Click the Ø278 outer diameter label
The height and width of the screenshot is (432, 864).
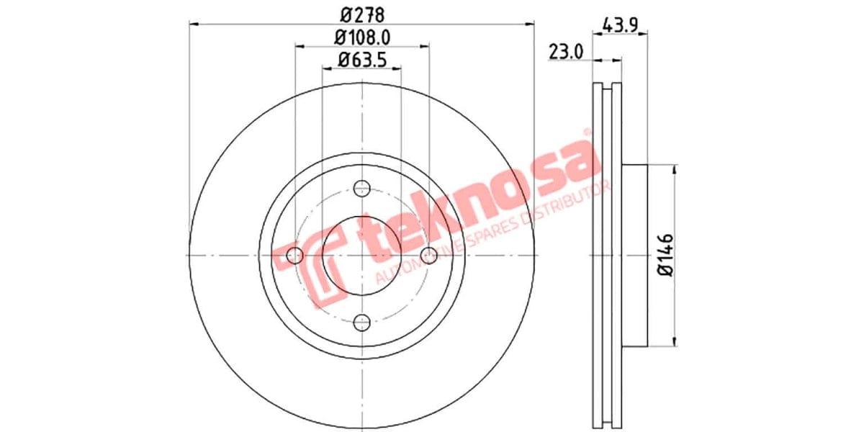click(362, 14)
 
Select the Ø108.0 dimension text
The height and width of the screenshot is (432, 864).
click(363, 37)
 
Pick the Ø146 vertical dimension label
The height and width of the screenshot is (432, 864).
click(665, 256)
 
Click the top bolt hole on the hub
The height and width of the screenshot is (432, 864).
click(362, 189)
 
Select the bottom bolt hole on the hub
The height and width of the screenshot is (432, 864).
click(362, 322)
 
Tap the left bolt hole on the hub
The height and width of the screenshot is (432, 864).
click(294, 256)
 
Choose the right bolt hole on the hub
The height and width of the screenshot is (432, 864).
click(430, 256)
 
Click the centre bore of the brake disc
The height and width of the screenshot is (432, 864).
click(362, 256)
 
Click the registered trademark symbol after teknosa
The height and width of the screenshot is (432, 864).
click(586, 132)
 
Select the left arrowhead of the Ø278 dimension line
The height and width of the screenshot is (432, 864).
click(194, 24)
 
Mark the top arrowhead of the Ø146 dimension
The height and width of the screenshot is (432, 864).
click(675, 170)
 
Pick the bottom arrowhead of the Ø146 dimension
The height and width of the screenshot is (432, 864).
click(675, 341)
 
